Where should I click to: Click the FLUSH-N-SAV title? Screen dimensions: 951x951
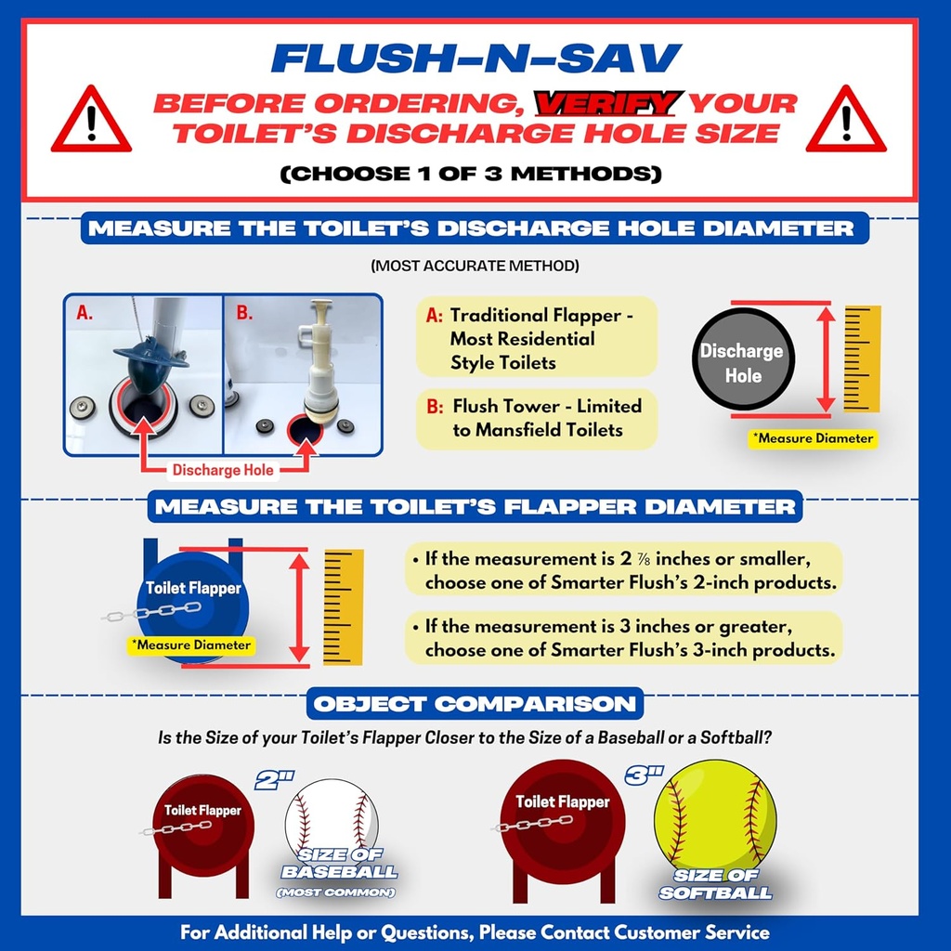pyautogui.click(x=475, y=59)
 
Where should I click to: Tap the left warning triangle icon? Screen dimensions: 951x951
pyautogui.click(x=90, y=122)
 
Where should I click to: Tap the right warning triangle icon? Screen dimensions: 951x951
pyautogui.click(x=845, y=122)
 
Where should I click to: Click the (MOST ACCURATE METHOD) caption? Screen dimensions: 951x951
pyautogui.click(x=475, y=266)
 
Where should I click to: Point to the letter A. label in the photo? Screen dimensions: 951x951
pyautogui.click(x=85, y=314)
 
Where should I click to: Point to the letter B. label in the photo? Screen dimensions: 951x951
pyautogui.click(x=244, y=314)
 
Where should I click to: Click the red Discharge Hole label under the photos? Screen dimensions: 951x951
pyautogui.click(x=223, y=470)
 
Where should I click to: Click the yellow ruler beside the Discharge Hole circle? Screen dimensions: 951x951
pyautogui.click(x=862, y=358)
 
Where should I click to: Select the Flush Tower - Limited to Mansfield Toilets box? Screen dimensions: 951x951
pyautogui.click(x=537, y=419)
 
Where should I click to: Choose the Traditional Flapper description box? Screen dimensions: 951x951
pyautogui.click(x=537, y=339)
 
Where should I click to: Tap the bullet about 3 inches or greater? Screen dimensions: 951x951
pyautogui.click(x=624, y=638)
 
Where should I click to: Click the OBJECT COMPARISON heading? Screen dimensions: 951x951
pyautogui.click(x=475, y=703)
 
